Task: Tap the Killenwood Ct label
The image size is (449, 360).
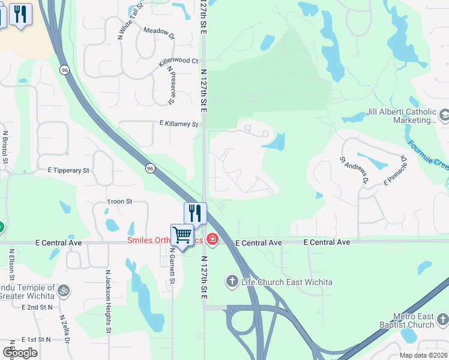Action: click(x=178, y=61)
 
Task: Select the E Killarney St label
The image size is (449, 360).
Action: click(x=178, y=124)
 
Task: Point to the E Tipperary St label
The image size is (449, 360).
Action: click(x=68, y=170)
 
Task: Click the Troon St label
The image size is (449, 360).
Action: click(x=119, y=202)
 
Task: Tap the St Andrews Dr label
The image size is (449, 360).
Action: click(x=353, y=170)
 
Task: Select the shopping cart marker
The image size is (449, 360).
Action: click(x=182, y=235)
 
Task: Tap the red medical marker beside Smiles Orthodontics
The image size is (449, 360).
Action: click(x=212, y=240)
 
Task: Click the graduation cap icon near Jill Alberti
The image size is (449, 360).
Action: click(x=444, y=114)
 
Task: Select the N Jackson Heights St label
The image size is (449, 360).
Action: click(x=108, y=301)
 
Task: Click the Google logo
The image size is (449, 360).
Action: click(x=20, y=352)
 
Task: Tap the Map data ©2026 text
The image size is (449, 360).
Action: click(x=423, y=355)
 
